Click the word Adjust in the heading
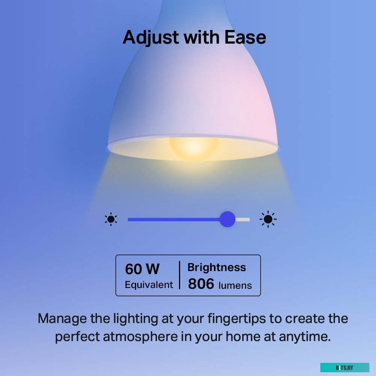(151, 38)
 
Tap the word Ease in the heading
(245, 37)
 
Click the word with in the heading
(202, 37)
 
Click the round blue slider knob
(227, 219)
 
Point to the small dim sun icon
(111, 219)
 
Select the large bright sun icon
(268, 219)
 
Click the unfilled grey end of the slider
(243, 220)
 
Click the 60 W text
(142, 269)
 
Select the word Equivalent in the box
(149, 285)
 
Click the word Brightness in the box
(217, 267)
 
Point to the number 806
(201, 284)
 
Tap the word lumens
(235, 285)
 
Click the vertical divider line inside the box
(179, 275)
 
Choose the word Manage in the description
(62, 319)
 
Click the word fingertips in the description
(237, 319)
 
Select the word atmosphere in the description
(141, 337)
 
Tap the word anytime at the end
(305, 337)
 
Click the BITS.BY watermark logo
(344, 368)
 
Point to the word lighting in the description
(135, 319)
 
